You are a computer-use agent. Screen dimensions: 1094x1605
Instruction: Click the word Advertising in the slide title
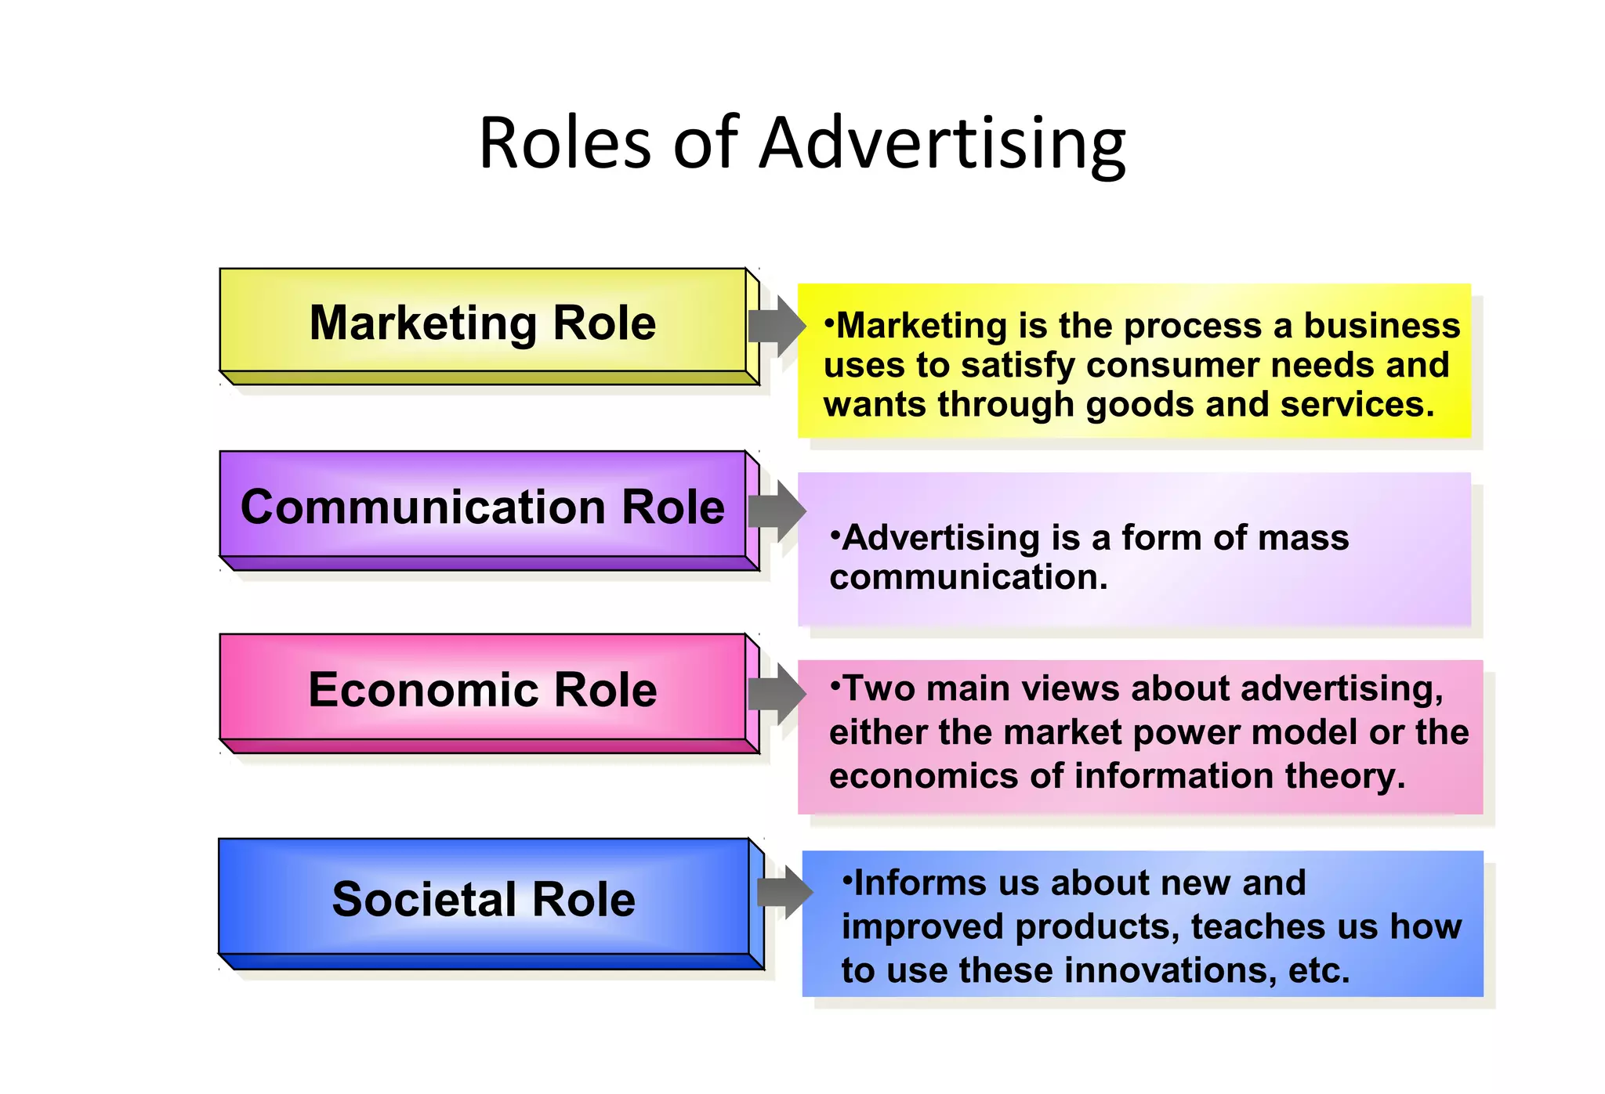943,144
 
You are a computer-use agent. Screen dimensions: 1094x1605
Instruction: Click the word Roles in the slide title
564,144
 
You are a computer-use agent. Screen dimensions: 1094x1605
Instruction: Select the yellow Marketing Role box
483,323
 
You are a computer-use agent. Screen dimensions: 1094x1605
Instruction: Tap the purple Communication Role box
483,507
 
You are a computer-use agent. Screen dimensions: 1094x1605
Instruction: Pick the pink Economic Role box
483,690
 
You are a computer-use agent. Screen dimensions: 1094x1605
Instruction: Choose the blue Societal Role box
484,899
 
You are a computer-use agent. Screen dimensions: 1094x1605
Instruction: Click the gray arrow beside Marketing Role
777,326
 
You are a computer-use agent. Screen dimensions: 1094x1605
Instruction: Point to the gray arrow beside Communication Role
777,511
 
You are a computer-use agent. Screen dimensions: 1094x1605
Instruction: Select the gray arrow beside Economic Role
777,693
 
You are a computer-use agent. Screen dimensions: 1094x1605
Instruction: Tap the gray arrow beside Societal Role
784,892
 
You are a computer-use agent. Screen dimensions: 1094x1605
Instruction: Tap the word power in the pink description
1182,733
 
